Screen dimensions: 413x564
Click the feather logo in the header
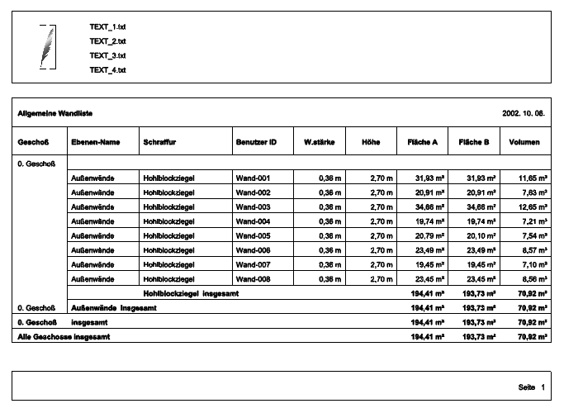[x=49, y=47]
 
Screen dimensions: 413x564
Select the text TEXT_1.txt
[x=107, y=27]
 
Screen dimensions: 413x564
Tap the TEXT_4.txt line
[x=107, y=70]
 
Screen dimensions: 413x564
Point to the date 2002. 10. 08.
[x=524, y=112]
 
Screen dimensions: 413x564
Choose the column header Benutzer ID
[x=256, y=142]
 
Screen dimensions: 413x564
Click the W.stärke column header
[x=319, y=142]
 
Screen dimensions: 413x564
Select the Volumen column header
[x=524, y=142]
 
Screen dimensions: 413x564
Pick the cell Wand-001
[x=254, y=178]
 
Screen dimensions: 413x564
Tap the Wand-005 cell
[x=254, y=235]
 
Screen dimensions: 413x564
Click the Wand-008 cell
[x=254, y=279]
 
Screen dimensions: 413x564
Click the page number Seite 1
[x=532, y=386]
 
